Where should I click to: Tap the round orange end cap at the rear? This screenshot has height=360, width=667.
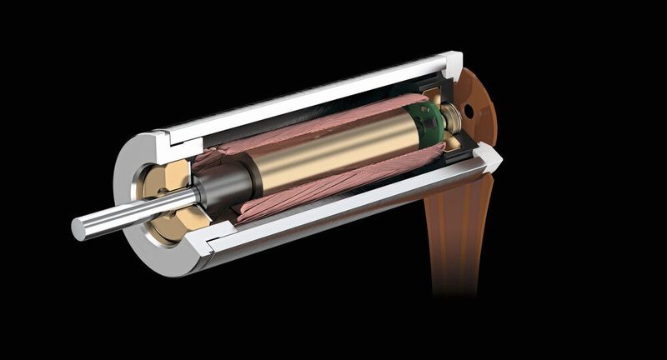coord(479,104)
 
